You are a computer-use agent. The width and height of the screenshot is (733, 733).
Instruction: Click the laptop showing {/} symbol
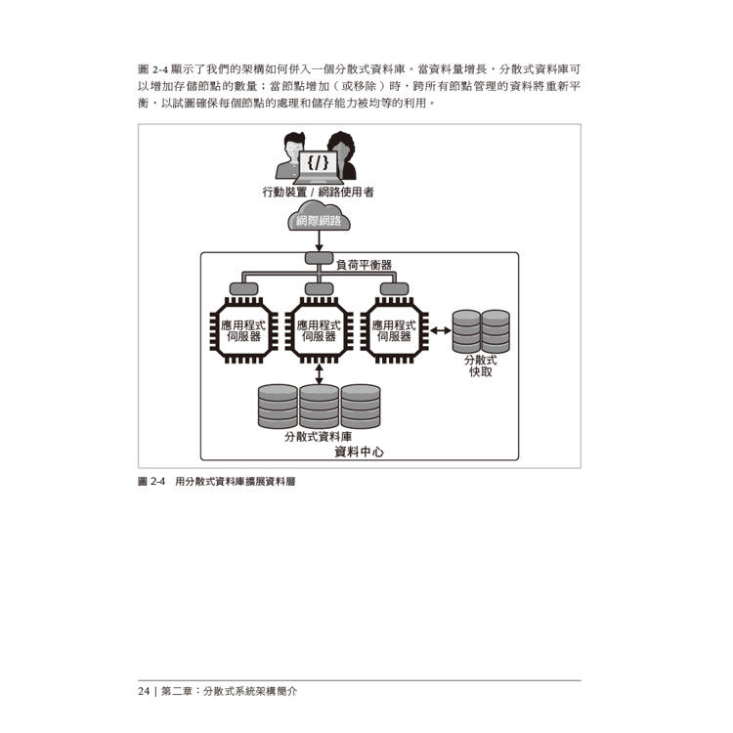(x=318, y=167)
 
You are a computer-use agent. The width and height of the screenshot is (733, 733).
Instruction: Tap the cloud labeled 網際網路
(x=319, y=216)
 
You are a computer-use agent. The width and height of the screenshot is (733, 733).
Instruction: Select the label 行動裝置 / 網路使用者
(x=318, y=193)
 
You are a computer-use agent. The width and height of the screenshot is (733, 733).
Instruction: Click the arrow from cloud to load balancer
(x=319, y=241)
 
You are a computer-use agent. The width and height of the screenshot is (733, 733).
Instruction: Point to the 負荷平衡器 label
(x=365, y=265)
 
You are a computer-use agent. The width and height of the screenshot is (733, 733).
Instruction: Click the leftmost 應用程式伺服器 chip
(x=243, y=330)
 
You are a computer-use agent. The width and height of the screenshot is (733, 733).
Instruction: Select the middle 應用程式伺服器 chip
(x=319, y=330)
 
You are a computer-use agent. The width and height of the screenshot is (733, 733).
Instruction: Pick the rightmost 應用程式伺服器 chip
(x=394, y=330)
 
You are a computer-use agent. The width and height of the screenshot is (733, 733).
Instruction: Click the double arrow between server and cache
(x=441, y=331)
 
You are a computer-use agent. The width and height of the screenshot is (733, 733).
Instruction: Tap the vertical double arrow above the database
(x=319, y=374)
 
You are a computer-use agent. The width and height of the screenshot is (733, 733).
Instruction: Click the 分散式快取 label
(x=481, y=366)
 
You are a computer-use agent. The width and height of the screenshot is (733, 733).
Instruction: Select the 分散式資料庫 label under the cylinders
(x=318, y=437)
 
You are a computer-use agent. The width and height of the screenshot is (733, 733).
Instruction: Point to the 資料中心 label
(x=359, y=453)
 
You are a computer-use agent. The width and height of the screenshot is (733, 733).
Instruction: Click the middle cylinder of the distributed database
(x=320, y=407)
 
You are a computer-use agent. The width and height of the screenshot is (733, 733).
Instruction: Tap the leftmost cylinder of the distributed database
(x=278, y=407)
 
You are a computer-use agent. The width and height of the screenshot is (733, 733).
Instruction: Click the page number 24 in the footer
(x=144, y=691)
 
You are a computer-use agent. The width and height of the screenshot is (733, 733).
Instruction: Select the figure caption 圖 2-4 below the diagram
(x=151, y=482)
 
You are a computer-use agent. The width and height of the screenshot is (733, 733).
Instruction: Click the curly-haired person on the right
(x=342, y=155)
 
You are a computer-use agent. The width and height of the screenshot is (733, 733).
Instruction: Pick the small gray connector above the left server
(x=243, y=289)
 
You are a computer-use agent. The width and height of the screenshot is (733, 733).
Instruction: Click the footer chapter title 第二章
(x=177, y=691)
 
